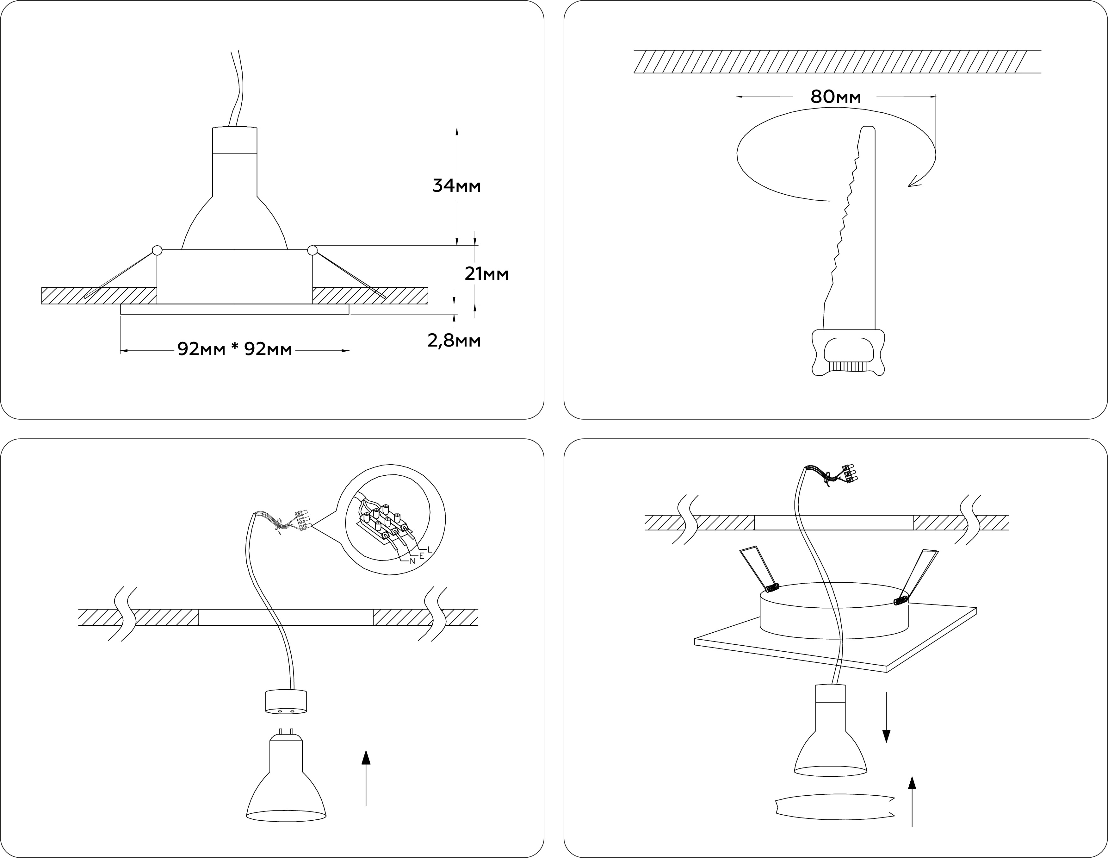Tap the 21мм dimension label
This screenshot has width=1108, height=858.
point(486,274)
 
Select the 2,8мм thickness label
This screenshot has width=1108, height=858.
point(454,341)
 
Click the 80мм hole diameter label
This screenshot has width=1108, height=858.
point(836,97)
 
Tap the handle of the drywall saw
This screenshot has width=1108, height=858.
point(848,353)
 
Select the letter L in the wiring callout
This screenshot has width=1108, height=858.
point(429,550)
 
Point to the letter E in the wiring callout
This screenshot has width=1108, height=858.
point(421,556)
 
